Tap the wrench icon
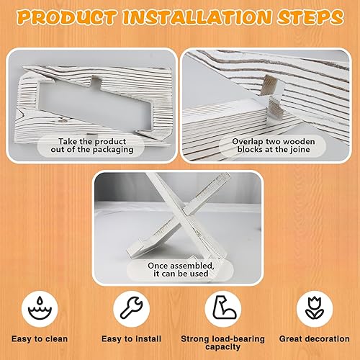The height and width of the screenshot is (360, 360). coord(135,306)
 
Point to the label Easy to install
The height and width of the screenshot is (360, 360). coord(135,338)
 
